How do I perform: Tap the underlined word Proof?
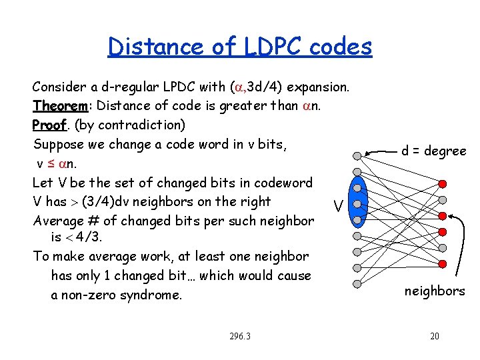click(49, 125)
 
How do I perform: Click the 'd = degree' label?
click(433, 151)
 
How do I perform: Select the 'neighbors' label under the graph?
click(435, 291)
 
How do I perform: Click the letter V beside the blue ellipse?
click(339, 207)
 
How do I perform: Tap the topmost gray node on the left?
click(357, 156)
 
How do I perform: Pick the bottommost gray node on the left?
click(357, 283)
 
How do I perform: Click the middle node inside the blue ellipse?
click(357, 204)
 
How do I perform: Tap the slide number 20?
click(434, 336)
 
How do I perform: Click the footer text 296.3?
click(239, 336)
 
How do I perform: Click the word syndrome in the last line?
click(151, 295)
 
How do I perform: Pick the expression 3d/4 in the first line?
click(269, 87)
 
